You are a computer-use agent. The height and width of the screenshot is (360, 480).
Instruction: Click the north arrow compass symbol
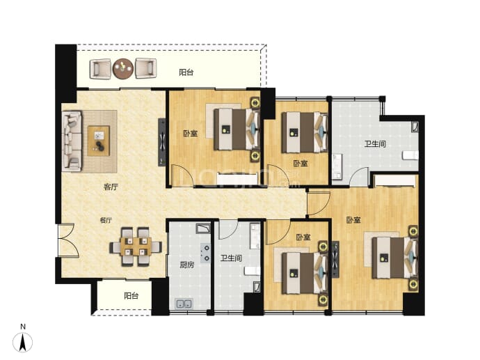22,342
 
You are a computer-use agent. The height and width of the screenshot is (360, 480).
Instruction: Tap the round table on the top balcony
123,69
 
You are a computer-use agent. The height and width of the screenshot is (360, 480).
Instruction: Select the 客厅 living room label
111,187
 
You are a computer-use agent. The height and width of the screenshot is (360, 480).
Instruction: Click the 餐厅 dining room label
106,220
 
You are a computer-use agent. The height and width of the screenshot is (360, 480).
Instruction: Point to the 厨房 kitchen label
186,265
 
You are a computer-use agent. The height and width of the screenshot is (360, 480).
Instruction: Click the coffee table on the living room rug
99,141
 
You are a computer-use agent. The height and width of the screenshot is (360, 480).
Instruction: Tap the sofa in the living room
72,141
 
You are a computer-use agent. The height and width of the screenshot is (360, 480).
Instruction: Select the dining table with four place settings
136,246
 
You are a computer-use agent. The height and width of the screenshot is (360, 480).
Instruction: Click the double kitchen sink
184,304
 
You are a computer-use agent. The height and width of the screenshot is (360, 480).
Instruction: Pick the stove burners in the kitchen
205,253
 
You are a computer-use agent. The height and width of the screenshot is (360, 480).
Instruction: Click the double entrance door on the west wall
67,240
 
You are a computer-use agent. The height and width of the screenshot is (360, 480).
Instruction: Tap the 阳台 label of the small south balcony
131,296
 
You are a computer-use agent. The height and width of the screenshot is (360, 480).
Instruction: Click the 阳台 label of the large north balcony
186,72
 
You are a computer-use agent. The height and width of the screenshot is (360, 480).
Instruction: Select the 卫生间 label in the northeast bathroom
375,143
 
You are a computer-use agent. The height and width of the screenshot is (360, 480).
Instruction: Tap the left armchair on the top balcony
100,69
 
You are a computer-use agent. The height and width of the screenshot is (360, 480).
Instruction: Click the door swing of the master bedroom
319,203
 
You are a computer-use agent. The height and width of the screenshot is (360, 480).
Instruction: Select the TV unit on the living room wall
162,142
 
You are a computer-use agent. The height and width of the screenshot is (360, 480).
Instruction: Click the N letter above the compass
23,327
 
